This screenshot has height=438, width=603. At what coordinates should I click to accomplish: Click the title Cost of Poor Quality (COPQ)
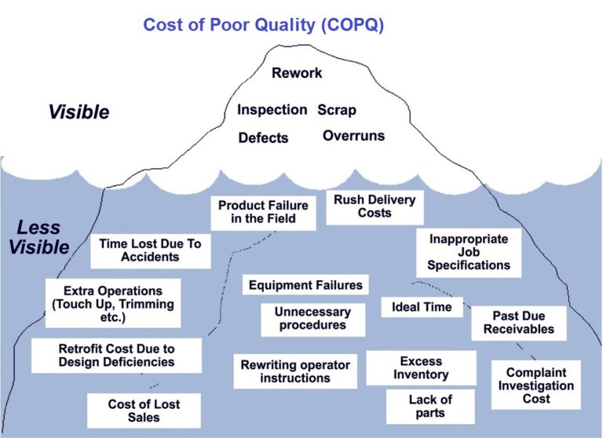263,24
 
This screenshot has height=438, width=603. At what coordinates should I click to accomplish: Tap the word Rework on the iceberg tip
297,73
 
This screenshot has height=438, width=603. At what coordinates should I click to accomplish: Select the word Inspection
272,110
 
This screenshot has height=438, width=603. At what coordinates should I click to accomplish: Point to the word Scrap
337,110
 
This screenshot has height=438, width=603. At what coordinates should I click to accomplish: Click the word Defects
263,138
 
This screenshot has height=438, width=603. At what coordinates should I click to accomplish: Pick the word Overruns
353,136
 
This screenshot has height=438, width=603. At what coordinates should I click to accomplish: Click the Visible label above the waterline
79,111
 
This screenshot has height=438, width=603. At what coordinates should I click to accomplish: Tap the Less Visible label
41,238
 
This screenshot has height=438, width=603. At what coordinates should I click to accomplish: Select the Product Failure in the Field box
263,212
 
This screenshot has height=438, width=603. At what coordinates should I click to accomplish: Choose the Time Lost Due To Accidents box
149,250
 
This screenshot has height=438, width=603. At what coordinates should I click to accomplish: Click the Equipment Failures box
305,285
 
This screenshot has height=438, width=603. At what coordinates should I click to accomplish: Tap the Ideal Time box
422,307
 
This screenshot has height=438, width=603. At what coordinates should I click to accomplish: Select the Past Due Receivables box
518,323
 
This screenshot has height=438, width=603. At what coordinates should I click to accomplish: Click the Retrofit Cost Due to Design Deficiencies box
116,356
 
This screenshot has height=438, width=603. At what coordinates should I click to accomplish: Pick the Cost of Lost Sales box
144,411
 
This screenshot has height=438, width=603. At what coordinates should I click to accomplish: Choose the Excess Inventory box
421,368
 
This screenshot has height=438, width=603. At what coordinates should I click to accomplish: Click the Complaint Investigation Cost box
536,385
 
